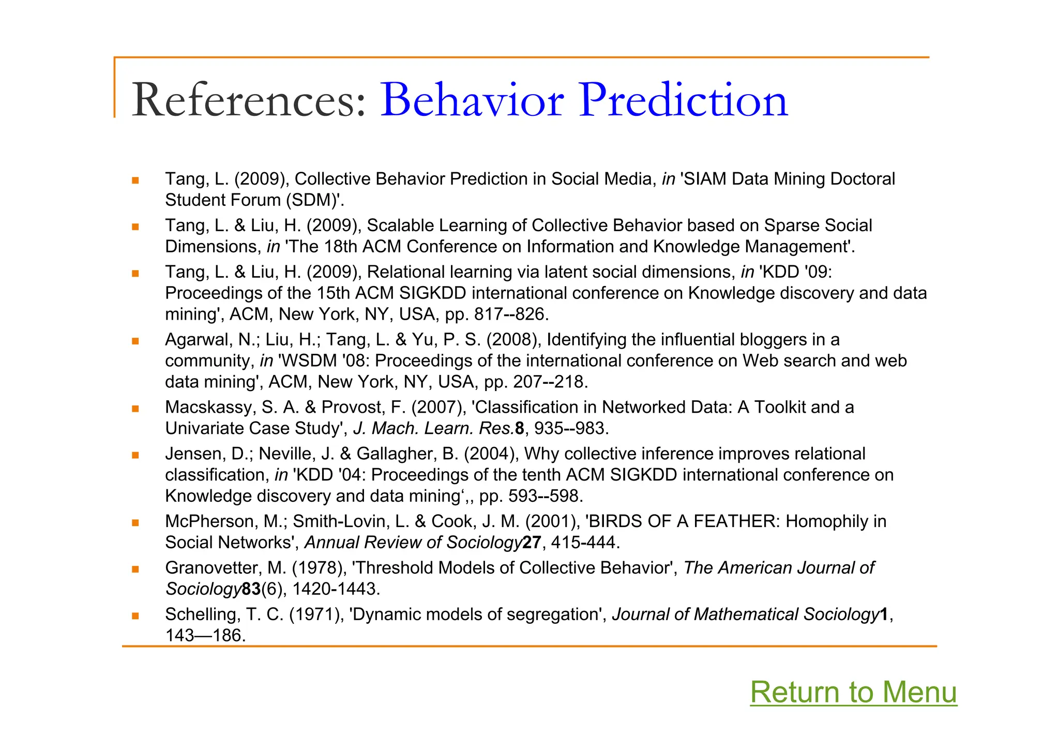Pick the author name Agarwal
pos(196,340)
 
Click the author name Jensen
pos(194,454)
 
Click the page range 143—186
pos(204,635)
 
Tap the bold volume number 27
pos(532,543)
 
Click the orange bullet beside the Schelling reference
pos(135,616)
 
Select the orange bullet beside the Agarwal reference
pos(135,341)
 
